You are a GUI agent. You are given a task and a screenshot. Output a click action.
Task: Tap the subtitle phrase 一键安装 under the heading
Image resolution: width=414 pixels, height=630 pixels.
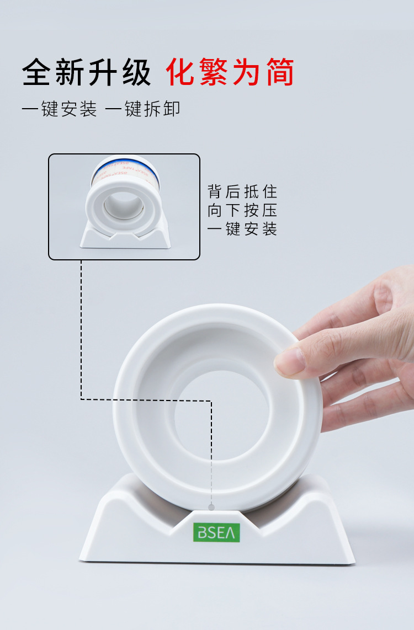59,109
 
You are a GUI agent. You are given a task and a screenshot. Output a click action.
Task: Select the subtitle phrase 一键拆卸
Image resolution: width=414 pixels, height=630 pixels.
142,109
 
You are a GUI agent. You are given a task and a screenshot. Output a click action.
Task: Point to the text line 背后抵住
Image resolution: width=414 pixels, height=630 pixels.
242,192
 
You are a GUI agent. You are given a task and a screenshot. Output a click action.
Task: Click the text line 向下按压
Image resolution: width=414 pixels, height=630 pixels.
242,210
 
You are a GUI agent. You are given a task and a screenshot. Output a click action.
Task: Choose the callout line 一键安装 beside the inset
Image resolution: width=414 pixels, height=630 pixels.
242,228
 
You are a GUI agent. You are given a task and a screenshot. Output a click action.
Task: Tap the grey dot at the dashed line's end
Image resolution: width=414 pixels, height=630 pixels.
211,506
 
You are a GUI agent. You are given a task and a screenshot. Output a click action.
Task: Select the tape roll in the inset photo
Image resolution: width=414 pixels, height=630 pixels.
124,193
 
